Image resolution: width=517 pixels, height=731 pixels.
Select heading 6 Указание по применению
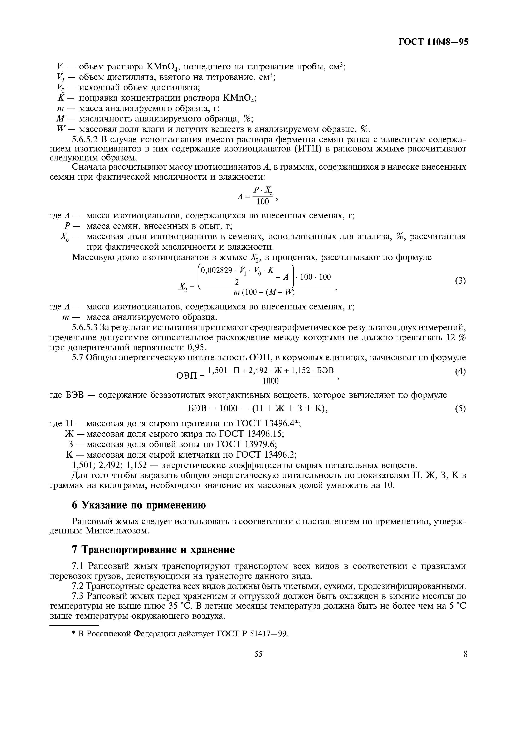[139, 505]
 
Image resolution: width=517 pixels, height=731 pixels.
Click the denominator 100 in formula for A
[263, 202]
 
